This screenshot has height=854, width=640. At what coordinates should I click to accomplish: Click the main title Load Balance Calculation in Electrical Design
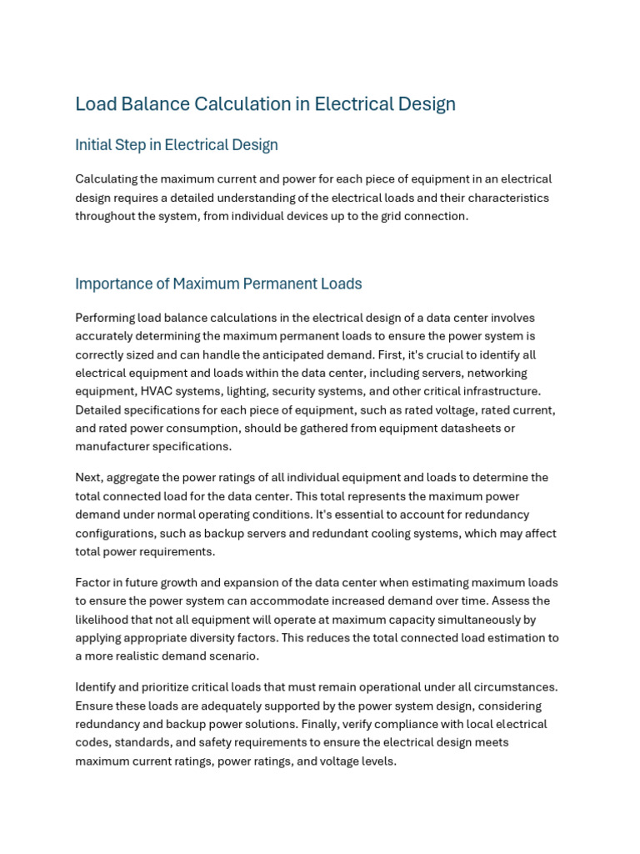(x=265, y=104)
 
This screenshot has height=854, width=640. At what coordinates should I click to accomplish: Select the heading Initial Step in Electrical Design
(x=176, y=145)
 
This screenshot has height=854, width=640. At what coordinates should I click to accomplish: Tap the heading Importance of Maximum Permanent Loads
(x=218, y=284)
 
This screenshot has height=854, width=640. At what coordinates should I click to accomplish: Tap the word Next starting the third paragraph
(x=88, y=478)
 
